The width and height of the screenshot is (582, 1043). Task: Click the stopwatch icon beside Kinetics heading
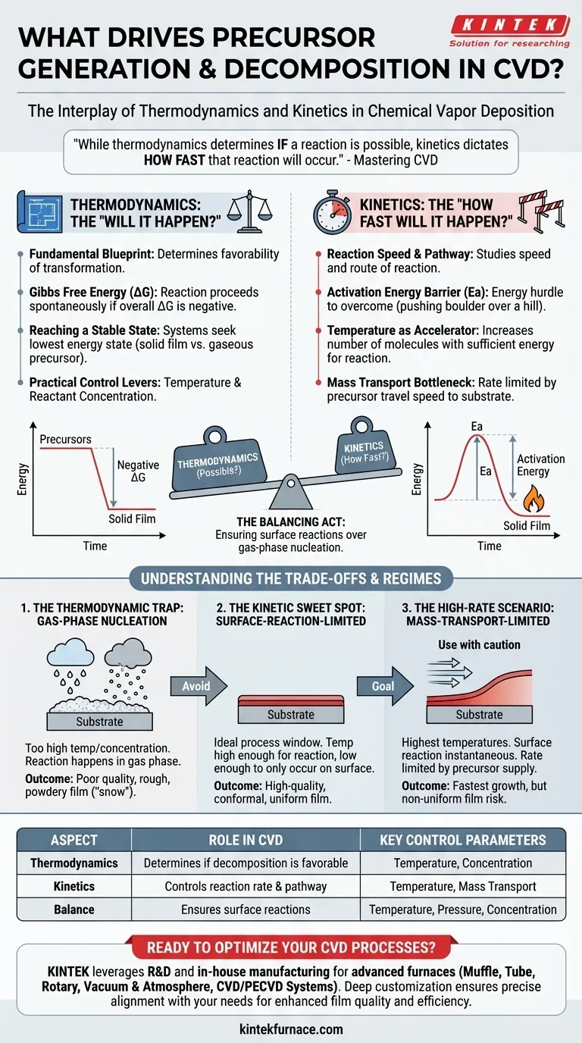[x=331, y=212]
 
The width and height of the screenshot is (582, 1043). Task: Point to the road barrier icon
[x=543, y=210]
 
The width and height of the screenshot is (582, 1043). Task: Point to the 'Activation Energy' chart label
[x=540, y=465]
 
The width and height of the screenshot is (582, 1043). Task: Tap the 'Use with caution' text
[x=479, y=644]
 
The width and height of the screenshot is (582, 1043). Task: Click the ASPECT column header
[x=74, y=840]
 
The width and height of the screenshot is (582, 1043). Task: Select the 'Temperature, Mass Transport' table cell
[x=462, y=886]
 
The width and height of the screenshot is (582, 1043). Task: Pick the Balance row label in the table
[x=74, y=909]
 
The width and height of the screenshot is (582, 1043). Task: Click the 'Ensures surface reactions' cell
[x=246, y=909]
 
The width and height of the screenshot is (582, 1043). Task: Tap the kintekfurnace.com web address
[x=291, y=1029]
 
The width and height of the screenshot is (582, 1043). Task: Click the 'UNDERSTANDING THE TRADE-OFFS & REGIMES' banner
[x=290, y=578]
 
